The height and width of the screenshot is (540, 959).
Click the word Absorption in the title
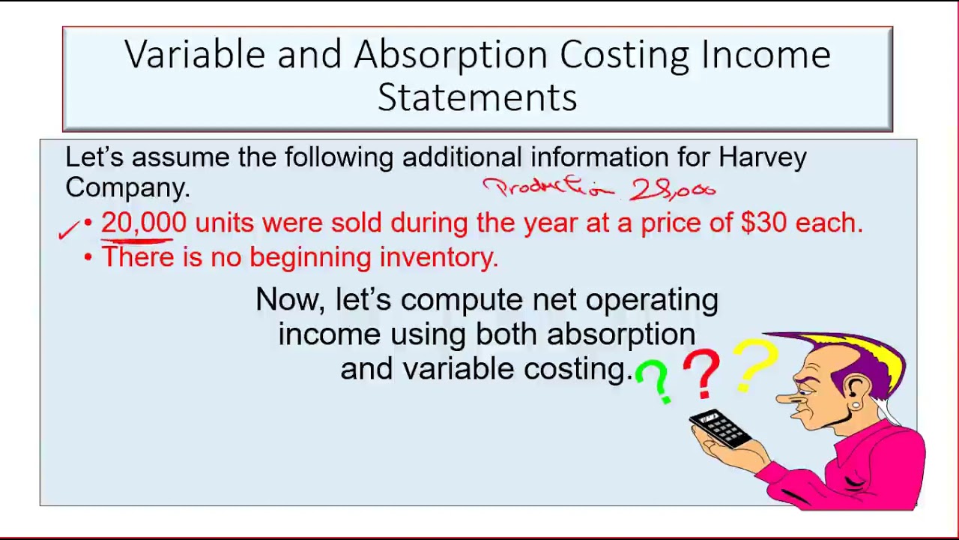[x=451, y=55]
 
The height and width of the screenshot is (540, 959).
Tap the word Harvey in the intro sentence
[x=762, y=157]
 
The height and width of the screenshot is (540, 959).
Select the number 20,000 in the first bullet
[x=143, y=223]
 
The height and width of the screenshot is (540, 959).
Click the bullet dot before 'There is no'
[x=88, y=257]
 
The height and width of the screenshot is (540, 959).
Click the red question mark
[x=701, y=373]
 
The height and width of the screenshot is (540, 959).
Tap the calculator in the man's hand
[x=719, y=428]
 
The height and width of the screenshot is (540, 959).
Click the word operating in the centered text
[x=651, y=300]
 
